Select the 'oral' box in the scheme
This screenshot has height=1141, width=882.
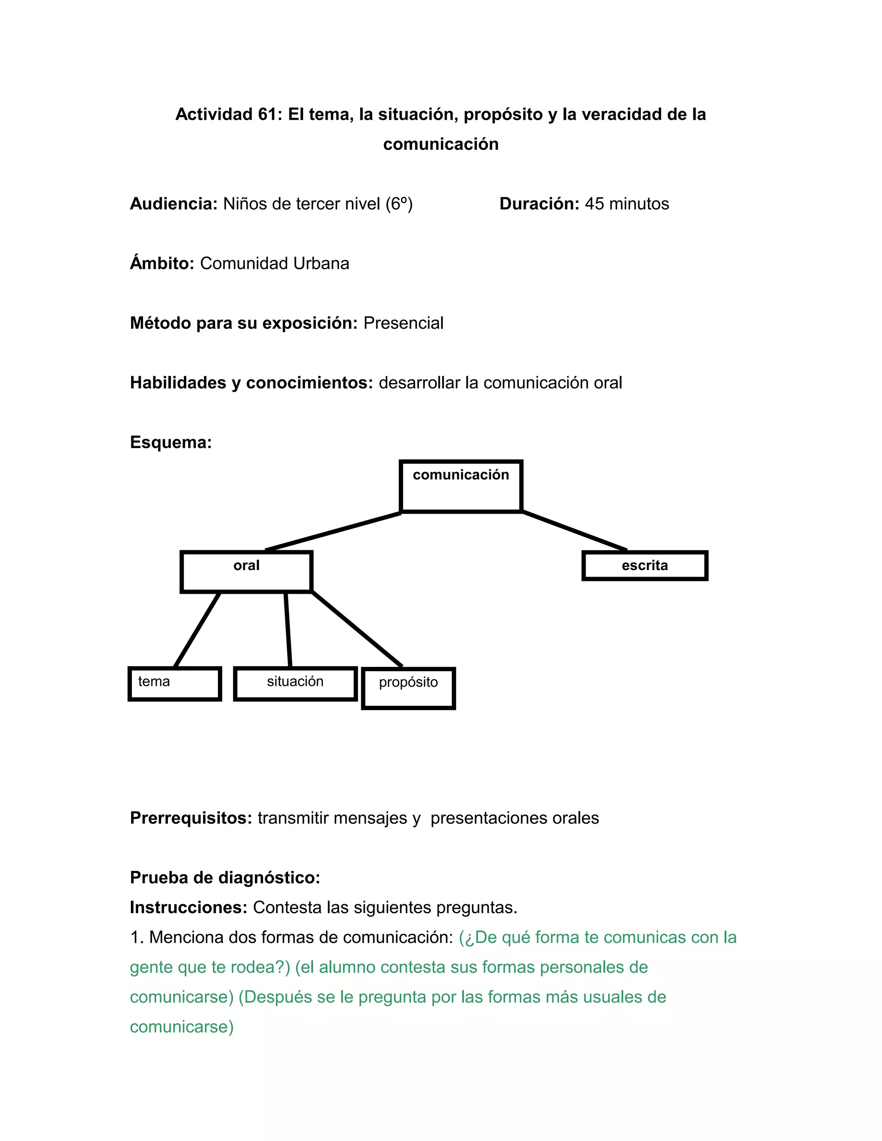click(x=246, y=571)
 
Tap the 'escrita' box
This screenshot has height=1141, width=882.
click(x=645, y=566)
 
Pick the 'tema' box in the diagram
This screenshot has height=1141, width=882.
click(x=174, y=683)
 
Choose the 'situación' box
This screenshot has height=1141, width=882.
click(x=295, y=683)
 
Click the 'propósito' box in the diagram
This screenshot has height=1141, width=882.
click(x=408, y=688)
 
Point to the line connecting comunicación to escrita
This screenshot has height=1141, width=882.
click(x=575, y=531)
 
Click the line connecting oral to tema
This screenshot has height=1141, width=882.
click(x=197, y=629)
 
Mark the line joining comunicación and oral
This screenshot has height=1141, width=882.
click(x=333, y=531)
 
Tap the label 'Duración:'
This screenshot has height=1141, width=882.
click(x=539, y=204)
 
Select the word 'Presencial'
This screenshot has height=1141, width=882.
click(x=404, y=323)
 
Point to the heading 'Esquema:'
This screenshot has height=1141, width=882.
click(x=171, y=443)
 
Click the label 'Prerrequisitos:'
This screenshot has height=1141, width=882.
click(x=191, y=818)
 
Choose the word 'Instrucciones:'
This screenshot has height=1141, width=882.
click(x=189, y=908)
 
